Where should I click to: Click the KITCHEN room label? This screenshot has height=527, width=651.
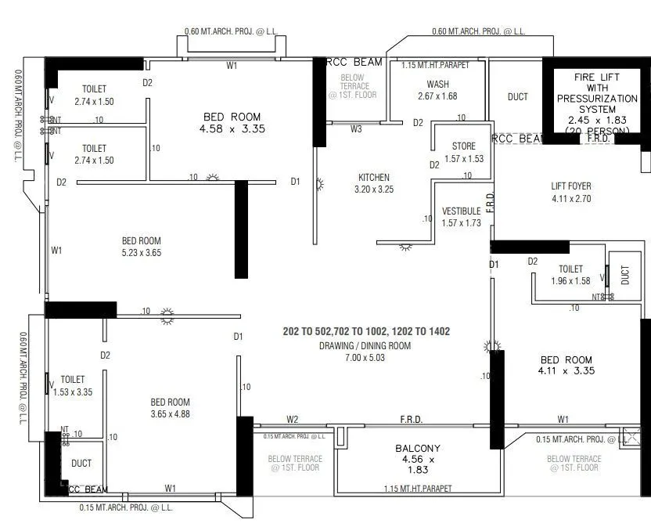373,177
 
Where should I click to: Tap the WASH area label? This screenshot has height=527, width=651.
437,85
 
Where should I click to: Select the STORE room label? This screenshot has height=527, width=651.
464,146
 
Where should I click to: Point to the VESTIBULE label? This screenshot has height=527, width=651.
461,211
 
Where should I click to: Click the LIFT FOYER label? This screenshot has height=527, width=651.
571,186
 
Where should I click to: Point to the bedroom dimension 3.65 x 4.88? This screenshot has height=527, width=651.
170,414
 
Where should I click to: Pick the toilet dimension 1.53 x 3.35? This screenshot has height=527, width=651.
72,392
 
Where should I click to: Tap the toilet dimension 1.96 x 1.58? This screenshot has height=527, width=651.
570,280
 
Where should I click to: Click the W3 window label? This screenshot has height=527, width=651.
356,128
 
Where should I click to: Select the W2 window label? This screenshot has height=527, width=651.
293,420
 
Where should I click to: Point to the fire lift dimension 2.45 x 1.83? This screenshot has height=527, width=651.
598,121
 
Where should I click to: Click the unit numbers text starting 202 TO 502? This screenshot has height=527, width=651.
366,332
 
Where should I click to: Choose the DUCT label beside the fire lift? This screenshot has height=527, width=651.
517,97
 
